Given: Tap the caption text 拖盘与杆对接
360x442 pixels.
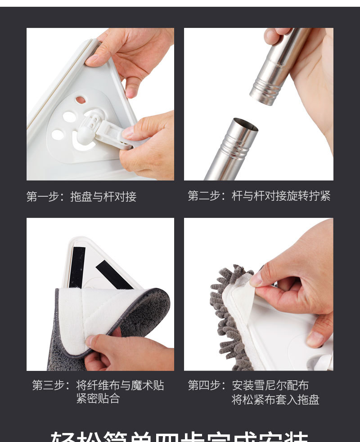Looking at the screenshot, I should (x=103, y=197).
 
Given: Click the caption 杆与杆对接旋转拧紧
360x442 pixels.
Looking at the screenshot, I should (x=281, y=196).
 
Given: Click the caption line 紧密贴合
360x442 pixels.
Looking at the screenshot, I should (x=98, y=399).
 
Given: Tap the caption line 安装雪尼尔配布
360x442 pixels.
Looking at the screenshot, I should (x=270, y=386).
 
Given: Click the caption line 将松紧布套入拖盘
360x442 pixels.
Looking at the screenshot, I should (x=275, y=400).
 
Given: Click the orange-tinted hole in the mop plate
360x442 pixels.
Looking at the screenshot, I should (x=81, y=100).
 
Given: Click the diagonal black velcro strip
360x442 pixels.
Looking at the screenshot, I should (x=114, y=275).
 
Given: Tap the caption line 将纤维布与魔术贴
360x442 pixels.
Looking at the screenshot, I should (x=120, y=386).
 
